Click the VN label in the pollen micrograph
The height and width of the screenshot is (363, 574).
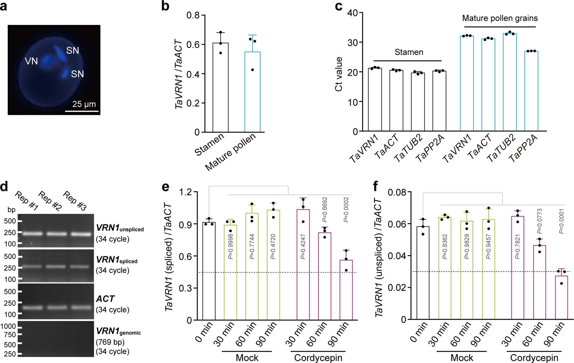[32, 61]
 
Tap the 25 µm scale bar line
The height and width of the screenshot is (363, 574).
[82, 111]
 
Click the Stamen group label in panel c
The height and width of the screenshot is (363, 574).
[409, 52]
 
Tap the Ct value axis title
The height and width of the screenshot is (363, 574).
[339, 74]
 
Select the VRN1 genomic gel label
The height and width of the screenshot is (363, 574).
[118, 331]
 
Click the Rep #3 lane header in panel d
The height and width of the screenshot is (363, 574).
[75, 200]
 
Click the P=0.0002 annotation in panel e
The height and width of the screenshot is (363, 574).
[346, 210]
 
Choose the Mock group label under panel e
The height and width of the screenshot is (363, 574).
[247, 358]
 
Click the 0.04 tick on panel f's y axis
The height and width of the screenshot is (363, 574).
[397, 255]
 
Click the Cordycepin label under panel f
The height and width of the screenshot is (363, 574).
[534, 358]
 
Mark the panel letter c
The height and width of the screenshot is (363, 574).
[339, 6]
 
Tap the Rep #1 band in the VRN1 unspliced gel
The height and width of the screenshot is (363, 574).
[30, 234]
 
